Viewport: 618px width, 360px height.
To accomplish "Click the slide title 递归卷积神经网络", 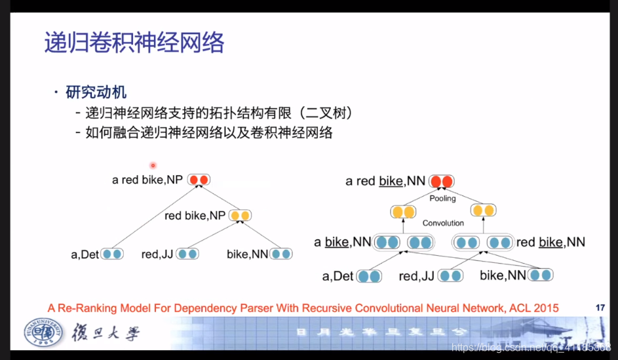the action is (134, 43).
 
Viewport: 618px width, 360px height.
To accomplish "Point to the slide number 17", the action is (600, 307).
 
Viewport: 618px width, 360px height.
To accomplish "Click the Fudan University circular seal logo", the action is (41, 333).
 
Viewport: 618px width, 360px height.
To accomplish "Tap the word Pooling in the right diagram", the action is (442, 198).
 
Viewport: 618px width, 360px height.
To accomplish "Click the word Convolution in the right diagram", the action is (443, 223).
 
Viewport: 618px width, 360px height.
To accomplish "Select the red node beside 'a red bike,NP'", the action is (199, 180).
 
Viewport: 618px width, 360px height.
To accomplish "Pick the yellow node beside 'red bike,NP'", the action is (240, 215).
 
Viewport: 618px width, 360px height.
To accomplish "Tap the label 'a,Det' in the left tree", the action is (85, 254).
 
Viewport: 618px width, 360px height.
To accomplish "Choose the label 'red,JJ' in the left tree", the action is (157, 254).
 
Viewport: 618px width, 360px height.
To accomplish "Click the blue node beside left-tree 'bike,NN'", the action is (281, 254).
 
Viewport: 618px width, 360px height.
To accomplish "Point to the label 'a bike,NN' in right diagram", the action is (342, 243).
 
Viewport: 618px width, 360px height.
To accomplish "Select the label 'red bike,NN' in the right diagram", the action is (550, 243).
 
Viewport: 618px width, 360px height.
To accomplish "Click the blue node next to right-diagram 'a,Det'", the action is (369, 276).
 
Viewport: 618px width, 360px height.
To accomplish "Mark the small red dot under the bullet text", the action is (153, 165).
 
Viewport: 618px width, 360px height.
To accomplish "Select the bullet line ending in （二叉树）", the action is (220, 113).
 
